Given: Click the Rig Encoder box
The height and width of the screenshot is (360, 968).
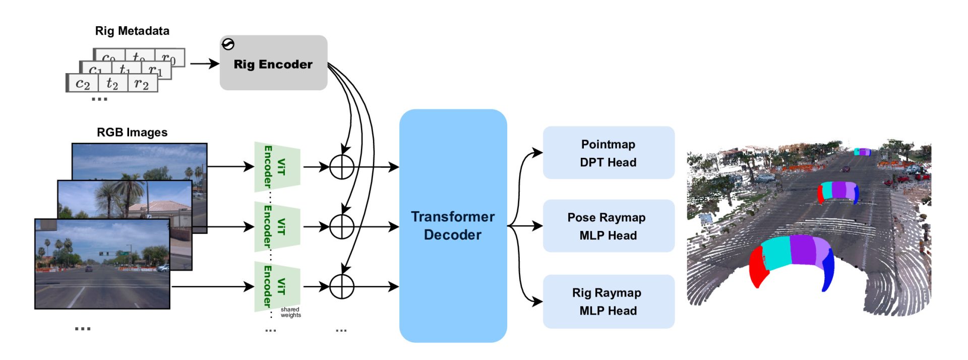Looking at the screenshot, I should [x=273, y=64].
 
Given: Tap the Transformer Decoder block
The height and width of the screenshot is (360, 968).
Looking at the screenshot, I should [x=453, y=226].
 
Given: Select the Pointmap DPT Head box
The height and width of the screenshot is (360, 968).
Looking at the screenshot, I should [x=608, y=153].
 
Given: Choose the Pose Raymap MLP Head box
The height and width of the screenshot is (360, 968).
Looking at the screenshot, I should [x=608, y=226].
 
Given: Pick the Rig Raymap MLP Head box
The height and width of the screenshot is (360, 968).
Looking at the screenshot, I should [x=608, y=302].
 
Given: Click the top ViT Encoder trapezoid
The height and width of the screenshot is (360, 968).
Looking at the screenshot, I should [x=277, y=167].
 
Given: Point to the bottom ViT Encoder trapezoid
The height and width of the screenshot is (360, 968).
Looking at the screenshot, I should [x=277, y=286].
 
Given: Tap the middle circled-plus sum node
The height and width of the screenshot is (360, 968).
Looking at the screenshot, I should [x=342, y=226].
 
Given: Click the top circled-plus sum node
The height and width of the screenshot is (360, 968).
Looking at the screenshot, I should [x=342, y=167].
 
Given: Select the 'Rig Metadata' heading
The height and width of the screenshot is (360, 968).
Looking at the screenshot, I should [x=132, y=31].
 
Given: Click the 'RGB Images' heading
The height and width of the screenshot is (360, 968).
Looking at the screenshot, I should [x=132, y=132].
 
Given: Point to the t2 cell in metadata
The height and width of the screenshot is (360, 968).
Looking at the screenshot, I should [x=112, y=83].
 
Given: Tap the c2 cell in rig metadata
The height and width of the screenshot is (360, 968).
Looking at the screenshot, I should [x=83, y=83].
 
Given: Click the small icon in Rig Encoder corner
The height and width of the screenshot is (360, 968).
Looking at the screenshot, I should [x=228, y=44].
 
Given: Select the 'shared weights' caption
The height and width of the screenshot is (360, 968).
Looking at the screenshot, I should [x=290, y=312].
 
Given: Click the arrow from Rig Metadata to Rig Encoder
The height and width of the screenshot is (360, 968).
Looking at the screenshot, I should [x=204, y=64].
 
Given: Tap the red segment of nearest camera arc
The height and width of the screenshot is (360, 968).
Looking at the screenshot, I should [x=758, y=267].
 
